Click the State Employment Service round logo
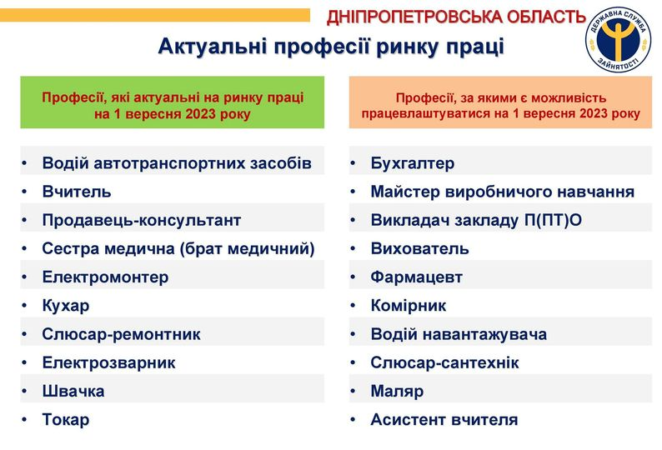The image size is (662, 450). tap(618, 39)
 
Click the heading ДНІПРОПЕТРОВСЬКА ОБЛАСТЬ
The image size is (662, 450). tap(456, 17)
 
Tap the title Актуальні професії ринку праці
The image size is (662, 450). tap(331, 46)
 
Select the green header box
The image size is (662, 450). tap(173, 102)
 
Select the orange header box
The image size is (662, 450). tap(501, 102)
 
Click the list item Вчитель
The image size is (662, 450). tap(77, 192)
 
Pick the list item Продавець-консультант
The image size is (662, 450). tap(142, 220)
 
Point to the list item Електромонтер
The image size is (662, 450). tap(105, 277)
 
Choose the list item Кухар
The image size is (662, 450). tap(65, 306)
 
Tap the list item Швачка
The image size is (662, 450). tap(73, 391)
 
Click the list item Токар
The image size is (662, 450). tap(65, 420)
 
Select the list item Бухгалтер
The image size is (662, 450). tap(413, 163)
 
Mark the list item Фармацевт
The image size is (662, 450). tap(416, 277)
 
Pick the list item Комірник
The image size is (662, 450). tap(409, 306)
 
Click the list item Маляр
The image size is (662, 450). tap(397, 392)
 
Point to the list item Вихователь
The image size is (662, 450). tap(419, 248)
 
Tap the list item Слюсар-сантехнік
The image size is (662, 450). tap(444, 362)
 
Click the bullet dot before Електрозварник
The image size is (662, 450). tap(24, 362)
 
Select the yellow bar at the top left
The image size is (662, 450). tap(155, 16)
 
